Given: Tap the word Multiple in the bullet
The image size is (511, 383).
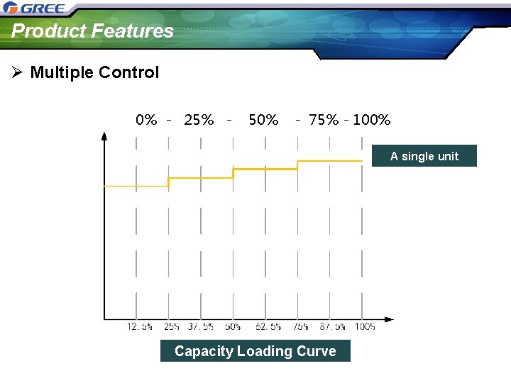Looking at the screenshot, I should coord(62,72).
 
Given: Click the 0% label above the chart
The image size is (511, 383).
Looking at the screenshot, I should coord(146,120).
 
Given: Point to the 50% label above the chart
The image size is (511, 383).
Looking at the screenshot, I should coord(263,120).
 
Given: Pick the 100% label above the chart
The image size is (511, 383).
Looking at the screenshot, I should coord(371,120).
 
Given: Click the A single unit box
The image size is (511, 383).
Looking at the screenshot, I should coord(424,156).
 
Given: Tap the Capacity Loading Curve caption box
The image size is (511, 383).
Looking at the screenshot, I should coord(255,351).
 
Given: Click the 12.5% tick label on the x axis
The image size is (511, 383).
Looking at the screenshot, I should coord(139,327).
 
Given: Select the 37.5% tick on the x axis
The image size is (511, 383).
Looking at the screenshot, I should coord(201,327).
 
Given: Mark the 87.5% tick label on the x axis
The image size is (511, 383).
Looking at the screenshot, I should coord(331,327).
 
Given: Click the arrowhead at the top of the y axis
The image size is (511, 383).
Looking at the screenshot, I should coord(104,136).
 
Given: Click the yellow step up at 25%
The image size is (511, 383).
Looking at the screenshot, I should coord(168,182).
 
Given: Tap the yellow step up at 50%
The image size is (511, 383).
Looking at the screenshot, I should coord(233,173).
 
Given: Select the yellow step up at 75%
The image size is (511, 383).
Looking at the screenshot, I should coord(297,165).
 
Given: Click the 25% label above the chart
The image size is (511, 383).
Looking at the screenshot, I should coord(199,120).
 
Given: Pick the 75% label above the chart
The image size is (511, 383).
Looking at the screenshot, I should coord(324,120).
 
